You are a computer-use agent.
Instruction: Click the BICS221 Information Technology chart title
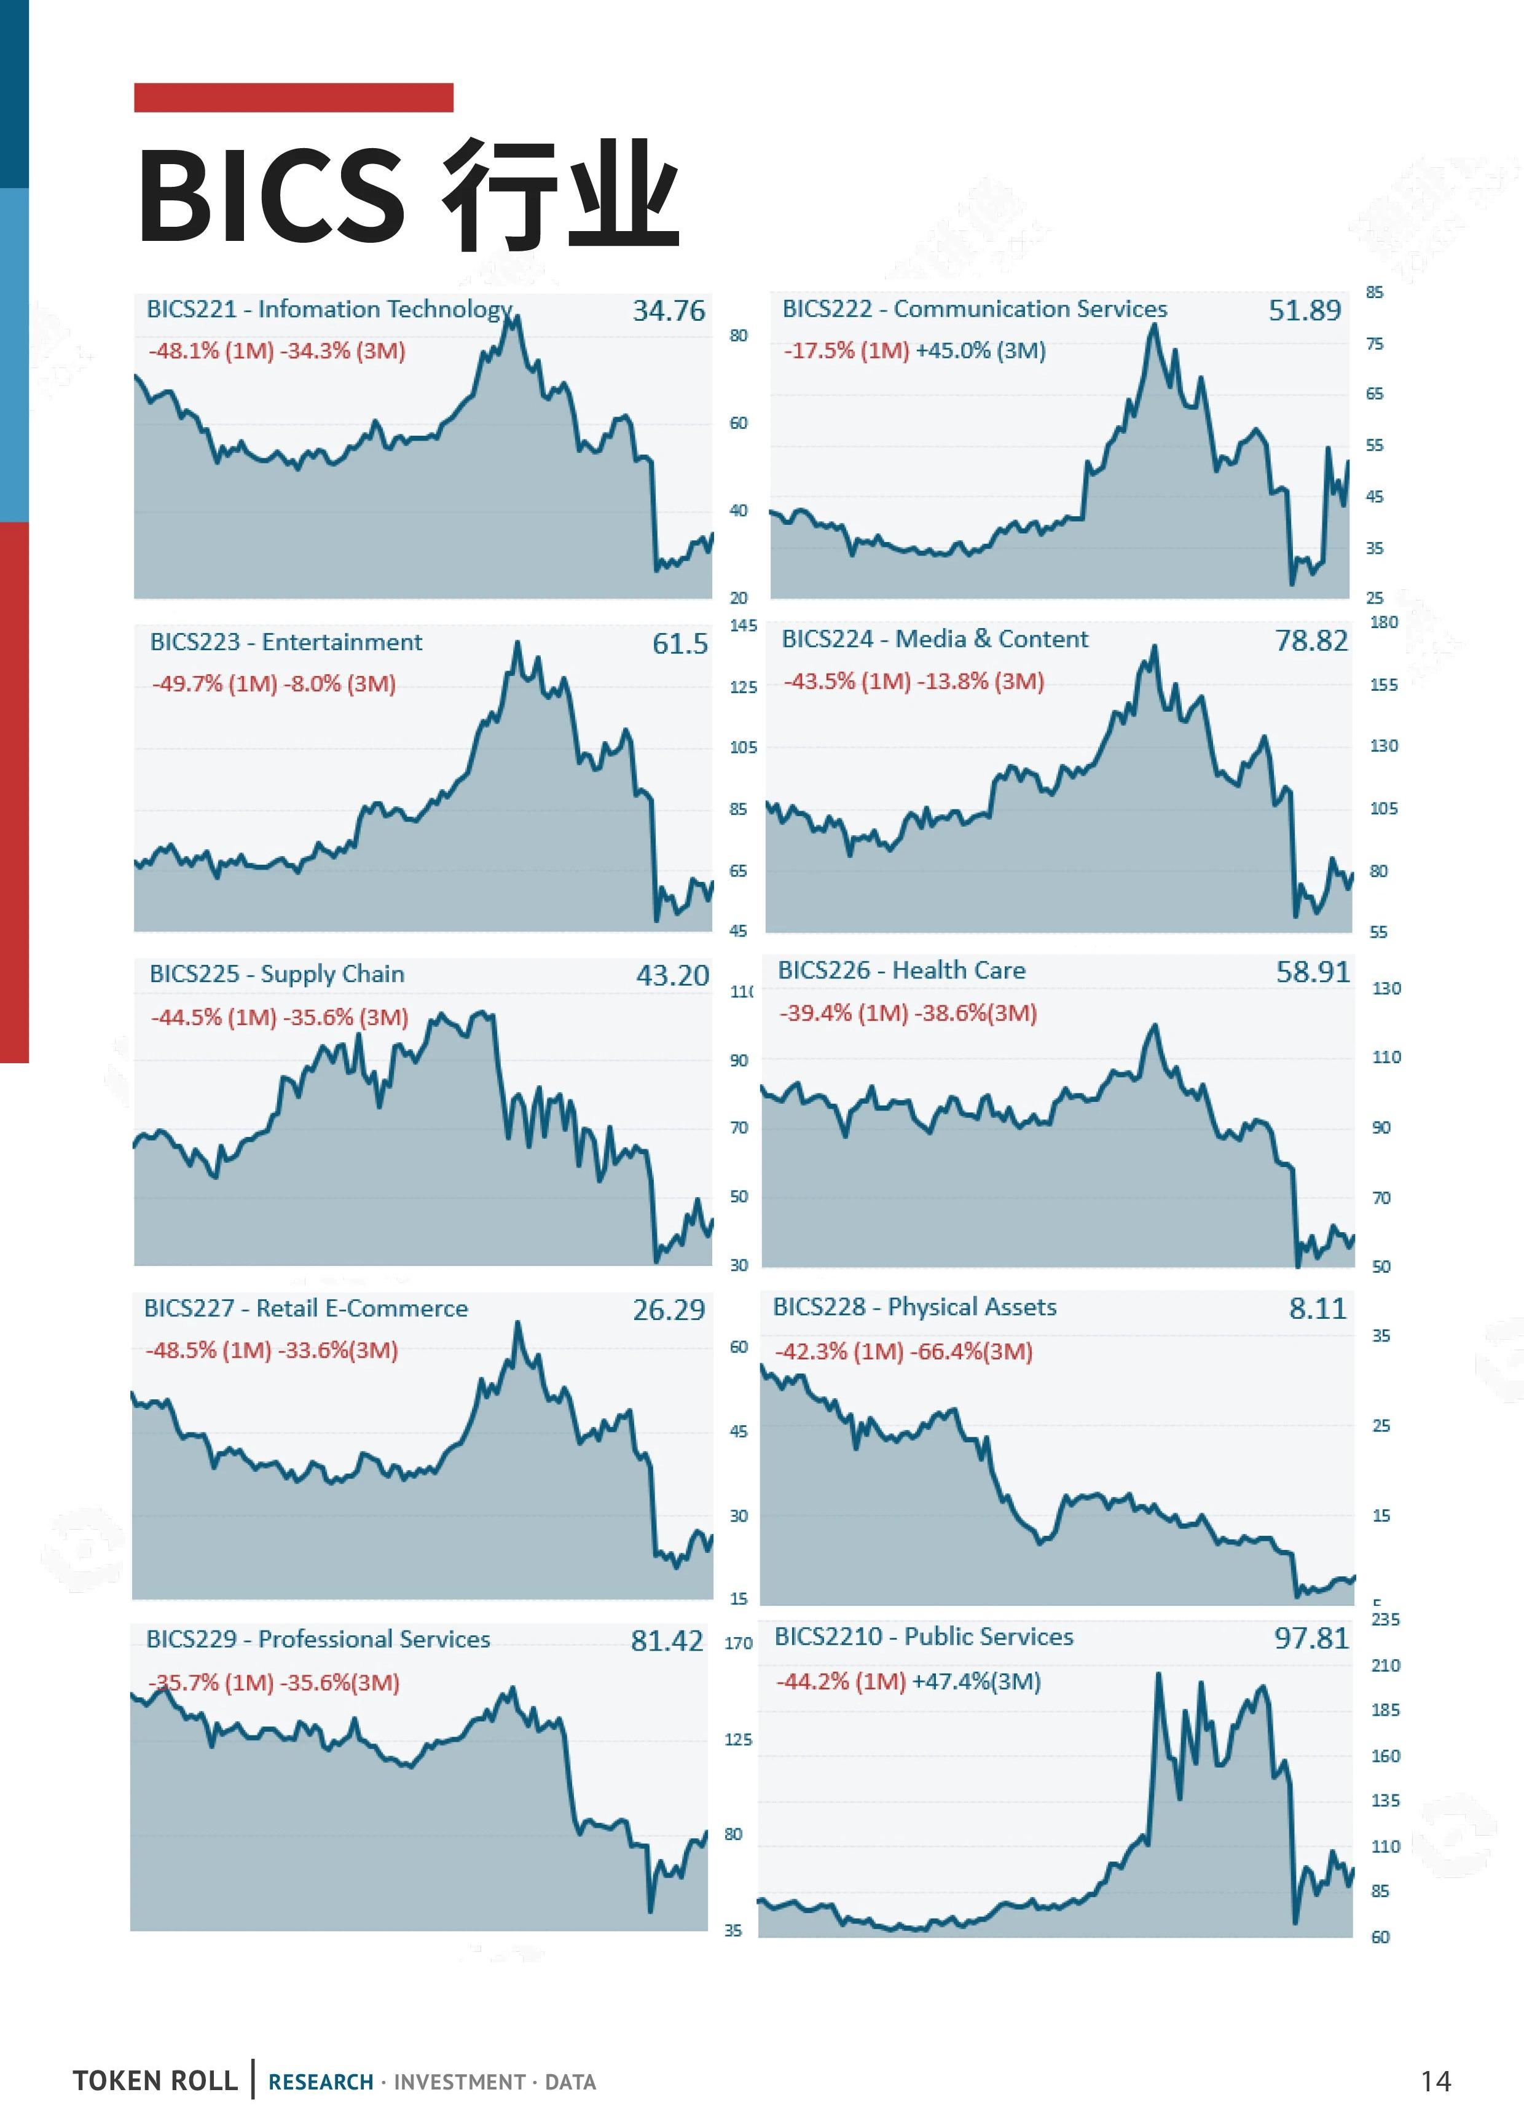329,309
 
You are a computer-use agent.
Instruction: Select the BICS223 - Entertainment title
286,642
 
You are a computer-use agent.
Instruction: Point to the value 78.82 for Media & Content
1311,641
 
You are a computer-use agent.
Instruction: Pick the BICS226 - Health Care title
901,971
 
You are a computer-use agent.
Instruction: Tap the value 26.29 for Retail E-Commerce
668,1310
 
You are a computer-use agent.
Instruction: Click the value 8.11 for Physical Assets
1318,1308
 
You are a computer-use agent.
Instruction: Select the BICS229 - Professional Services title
318,1639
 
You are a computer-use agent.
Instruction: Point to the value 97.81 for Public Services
1311,1638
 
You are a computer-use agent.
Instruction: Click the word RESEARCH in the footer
321,2082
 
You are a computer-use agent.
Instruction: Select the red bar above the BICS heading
293,97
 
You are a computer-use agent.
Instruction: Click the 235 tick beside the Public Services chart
1385,1619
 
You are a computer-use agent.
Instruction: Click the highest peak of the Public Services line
1158,1674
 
